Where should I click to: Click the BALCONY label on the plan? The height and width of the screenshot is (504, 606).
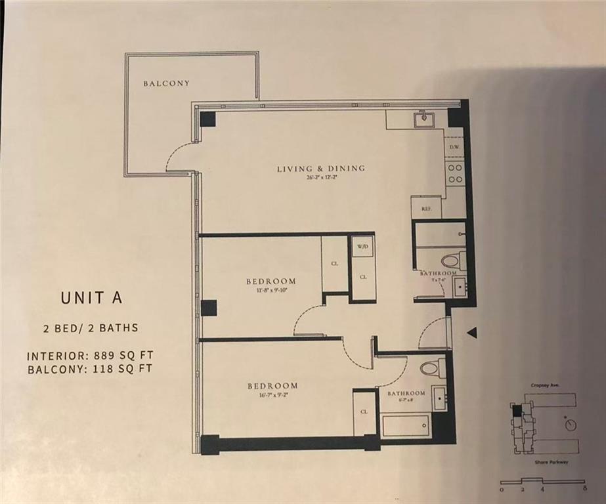166,83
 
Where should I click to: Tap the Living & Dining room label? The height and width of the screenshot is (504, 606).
320,169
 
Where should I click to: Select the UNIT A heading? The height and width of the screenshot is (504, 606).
91,297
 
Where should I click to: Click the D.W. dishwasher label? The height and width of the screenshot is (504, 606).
454,148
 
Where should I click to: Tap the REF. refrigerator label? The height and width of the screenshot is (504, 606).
426,209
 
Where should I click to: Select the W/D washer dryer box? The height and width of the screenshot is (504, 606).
362,247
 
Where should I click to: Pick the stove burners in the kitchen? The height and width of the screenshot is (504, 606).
454,172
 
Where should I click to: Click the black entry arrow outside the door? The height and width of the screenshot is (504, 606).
471,333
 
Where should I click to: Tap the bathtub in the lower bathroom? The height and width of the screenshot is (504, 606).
406,425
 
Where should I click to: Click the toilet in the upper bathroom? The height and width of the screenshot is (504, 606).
452,261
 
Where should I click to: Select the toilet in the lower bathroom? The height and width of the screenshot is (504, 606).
432,367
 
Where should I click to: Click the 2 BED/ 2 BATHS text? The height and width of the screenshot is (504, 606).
91,327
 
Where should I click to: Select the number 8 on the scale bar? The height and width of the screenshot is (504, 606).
582,489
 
